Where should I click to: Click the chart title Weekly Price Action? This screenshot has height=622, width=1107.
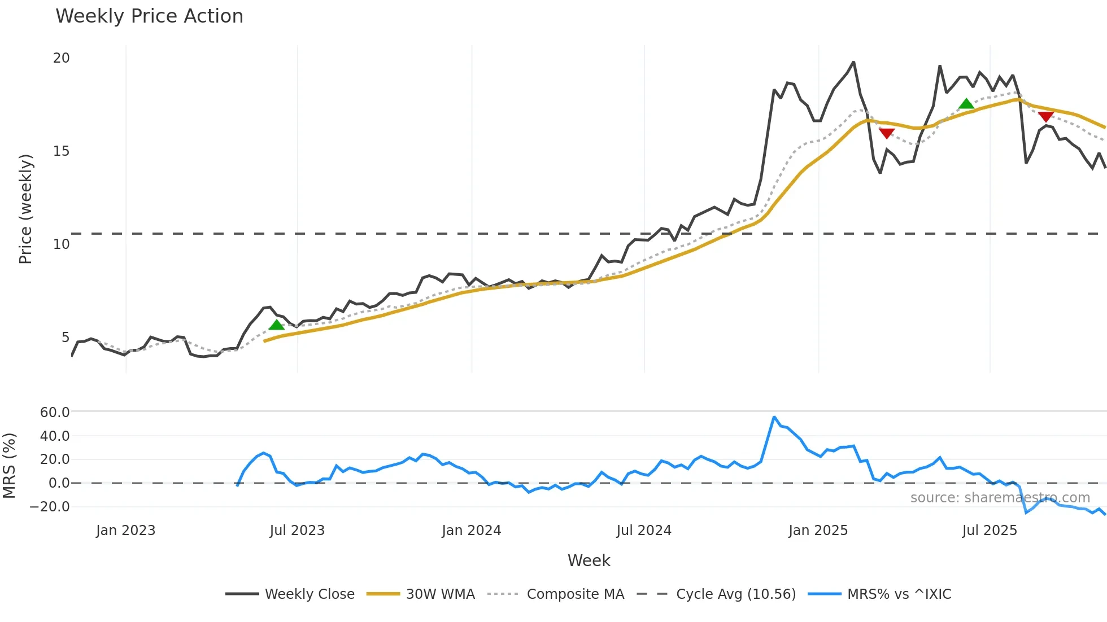pos(149,16)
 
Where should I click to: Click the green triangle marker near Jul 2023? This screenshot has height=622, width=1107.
pos(276,325)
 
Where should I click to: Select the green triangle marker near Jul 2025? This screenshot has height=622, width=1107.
pos(966,104)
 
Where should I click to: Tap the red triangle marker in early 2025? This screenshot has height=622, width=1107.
pos(887,133)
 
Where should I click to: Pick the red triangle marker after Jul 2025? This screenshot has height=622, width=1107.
pos(1045,116)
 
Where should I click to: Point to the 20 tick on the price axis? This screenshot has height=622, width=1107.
pos(61,58)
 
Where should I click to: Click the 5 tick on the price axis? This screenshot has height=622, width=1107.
pos(66,338)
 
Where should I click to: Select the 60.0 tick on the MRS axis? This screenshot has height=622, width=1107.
pos(55,412)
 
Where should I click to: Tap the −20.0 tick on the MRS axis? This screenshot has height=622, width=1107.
pos(50,506)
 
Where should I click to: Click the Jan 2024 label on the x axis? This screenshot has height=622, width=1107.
pos(471,531)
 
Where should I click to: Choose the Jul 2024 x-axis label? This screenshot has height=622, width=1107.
pos(644,531)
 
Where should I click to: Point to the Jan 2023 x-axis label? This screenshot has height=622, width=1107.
pos(125,531)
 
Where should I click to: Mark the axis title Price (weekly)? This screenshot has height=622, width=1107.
pos(26,209)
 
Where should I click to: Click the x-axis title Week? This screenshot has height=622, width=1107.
pos(589,560)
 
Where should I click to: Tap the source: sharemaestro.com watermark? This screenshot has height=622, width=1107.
pos(1000,498)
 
